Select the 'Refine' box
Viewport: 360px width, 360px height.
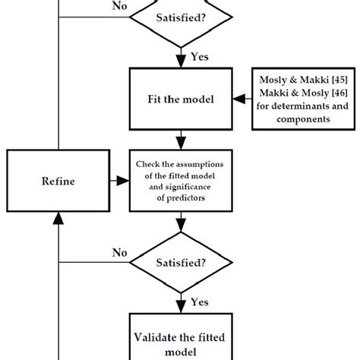[58, 181]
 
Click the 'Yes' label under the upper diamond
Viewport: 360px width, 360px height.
[201, 55]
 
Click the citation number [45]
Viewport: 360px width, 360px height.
[321, 80]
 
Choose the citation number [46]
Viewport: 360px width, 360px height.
[321, 93]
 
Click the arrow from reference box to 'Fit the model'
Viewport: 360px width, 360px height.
[239, 99]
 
